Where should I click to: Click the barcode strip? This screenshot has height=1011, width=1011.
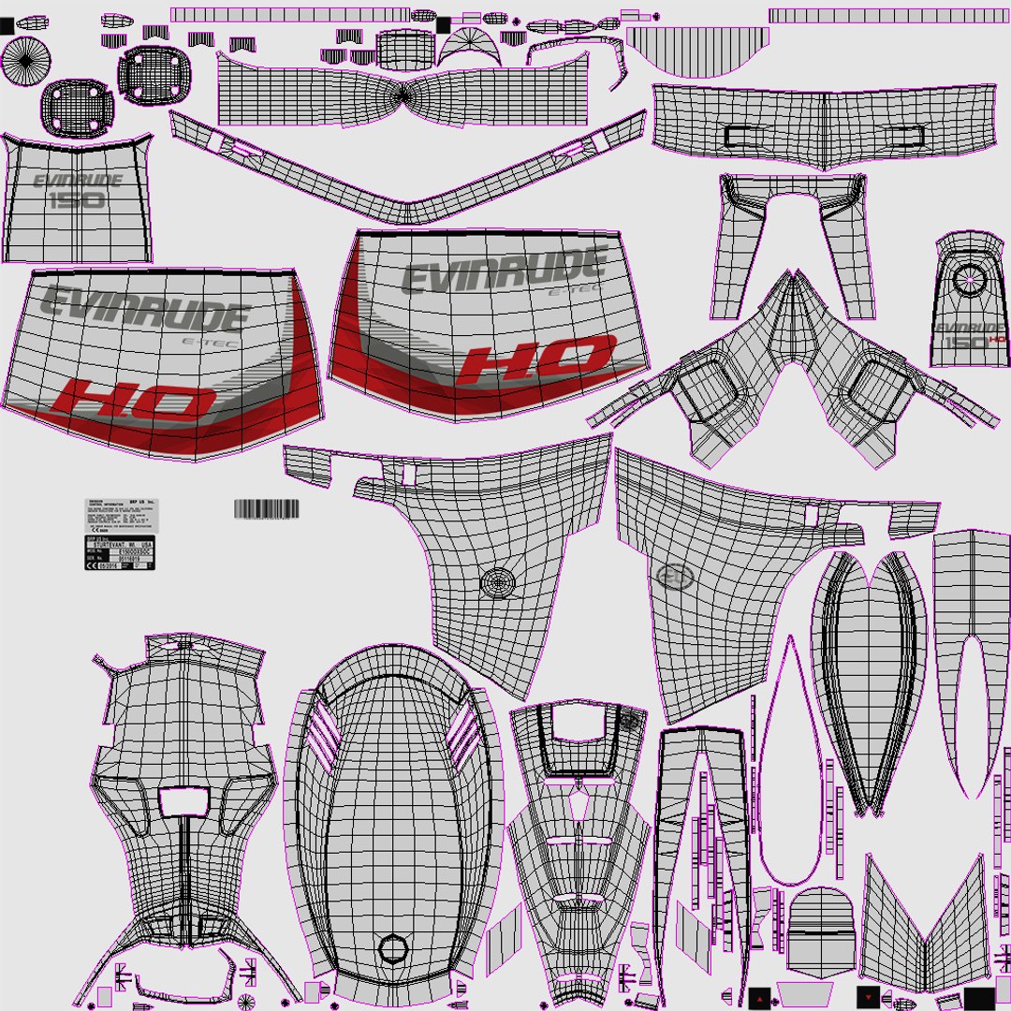click(x=266, y=509)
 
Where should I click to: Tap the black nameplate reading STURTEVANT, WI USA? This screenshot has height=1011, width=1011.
click(x=120, y=553)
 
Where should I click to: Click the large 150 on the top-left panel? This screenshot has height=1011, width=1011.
click(x=76, y=200)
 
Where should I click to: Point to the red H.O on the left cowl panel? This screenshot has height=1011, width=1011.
click(x=135, y=402)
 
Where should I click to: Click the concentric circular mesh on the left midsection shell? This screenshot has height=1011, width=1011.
click(x=498, y=582)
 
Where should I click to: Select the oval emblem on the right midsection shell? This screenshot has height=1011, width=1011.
click(x=675, y=578)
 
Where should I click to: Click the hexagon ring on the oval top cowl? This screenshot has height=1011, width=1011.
click(x=393, y=949)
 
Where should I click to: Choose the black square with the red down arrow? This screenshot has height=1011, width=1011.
click(x=869, y=995)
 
